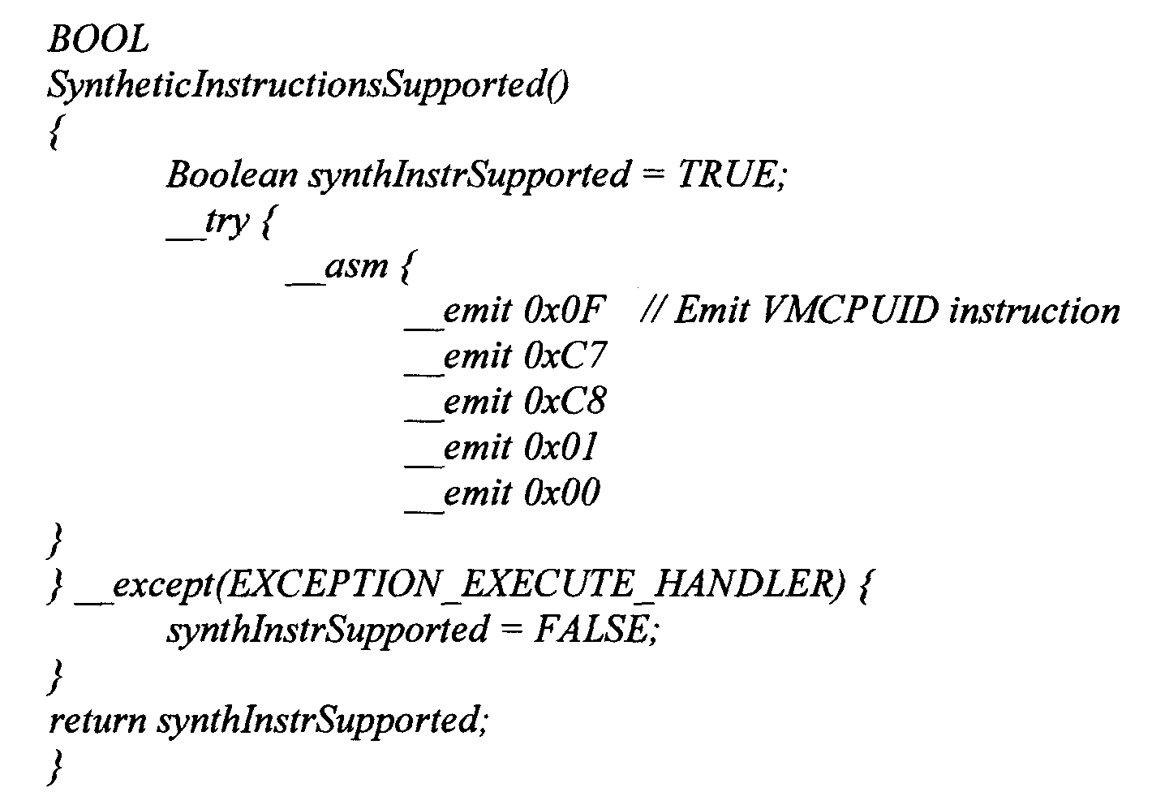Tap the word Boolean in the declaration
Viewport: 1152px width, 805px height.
[x=232, y=174]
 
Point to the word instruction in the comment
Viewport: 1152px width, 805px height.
[x=1034, y=311]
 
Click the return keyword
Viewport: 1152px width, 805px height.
[x=97, y=720]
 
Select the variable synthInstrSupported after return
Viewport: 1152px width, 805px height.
[x=321, y=720]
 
